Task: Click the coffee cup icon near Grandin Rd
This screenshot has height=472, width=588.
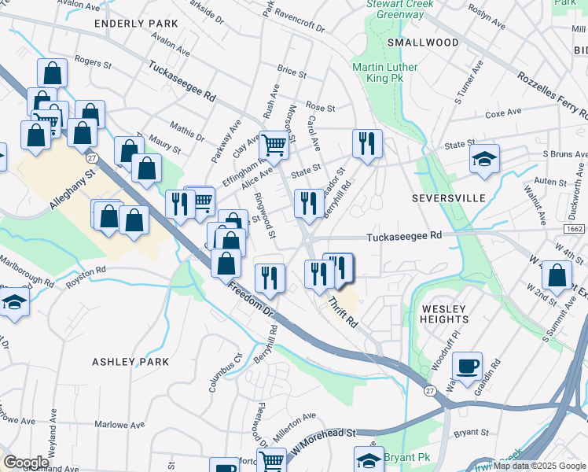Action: [469, 366]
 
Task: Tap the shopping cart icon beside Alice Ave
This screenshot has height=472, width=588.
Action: [274, 144]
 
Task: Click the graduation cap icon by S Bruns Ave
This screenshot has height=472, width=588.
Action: [484, 157]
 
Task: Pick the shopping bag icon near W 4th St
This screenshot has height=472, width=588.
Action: [557, 276]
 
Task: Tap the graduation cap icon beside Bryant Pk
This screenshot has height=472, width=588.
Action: [368, 459]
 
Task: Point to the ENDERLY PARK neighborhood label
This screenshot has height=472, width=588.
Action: [136, 24]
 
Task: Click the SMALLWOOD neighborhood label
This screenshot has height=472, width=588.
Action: [422, 42]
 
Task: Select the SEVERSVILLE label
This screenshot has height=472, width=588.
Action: [449, 198]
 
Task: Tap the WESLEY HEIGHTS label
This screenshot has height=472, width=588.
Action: [444, 314]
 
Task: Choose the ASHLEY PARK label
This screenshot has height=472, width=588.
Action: [130, 362]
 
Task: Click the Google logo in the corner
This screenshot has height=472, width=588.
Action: [26, 462]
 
